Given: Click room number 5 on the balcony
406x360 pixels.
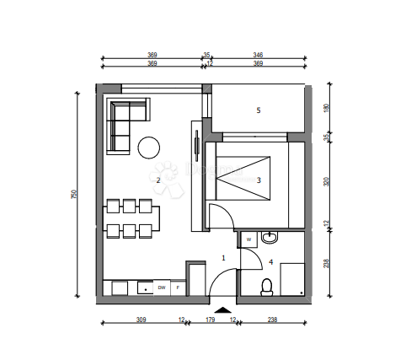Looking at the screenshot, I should click(259, 110).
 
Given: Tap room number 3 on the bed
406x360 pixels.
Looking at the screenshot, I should click(259, 180).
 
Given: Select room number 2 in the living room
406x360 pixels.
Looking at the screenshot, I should click(158, 180).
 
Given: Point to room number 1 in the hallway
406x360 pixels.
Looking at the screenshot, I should click(223, 257).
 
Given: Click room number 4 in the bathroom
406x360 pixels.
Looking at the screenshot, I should click(270, 262).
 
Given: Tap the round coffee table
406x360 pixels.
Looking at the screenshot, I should click(149, 148).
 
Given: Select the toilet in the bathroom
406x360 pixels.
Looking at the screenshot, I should click(267, 287).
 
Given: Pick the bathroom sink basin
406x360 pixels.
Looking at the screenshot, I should click(270, 239).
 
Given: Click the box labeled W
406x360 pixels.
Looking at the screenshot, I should click(249, 240).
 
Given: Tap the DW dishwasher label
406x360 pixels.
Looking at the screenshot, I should click(161, 288).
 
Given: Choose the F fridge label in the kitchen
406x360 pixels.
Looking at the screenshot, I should click(177, 288).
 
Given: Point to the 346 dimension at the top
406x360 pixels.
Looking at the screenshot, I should click(258, 55).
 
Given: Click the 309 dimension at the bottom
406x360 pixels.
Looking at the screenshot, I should click(141, 320).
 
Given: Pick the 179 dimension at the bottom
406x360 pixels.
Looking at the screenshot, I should click(211, 320).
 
